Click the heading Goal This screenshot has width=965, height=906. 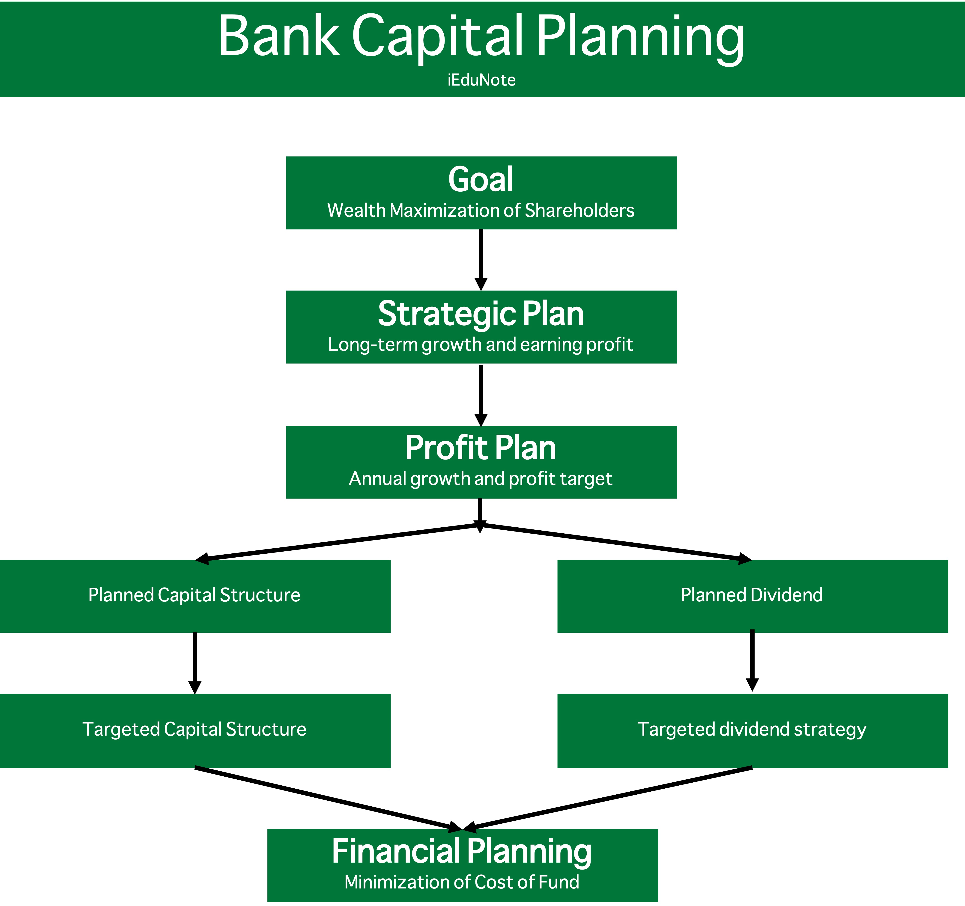click(481, 179)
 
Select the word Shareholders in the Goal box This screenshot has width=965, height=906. click(580, 211)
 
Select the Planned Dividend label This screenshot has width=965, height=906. click(752, 595)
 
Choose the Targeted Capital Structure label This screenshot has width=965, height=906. click(194, 729)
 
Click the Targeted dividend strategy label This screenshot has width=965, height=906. click(752, 729)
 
